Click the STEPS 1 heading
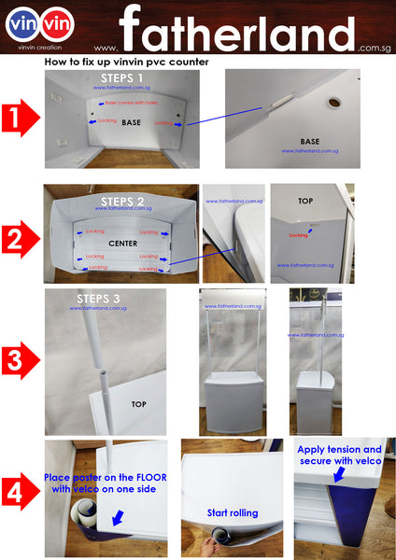(121, 78)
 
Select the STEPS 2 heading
(121, 201)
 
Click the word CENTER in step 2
(122, 244)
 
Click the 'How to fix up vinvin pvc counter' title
(126, 62)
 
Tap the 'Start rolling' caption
(233, 513)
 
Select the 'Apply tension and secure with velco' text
(339, 455)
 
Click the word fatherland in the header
(237, 33)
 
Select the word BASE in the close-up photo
(310, 142)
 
